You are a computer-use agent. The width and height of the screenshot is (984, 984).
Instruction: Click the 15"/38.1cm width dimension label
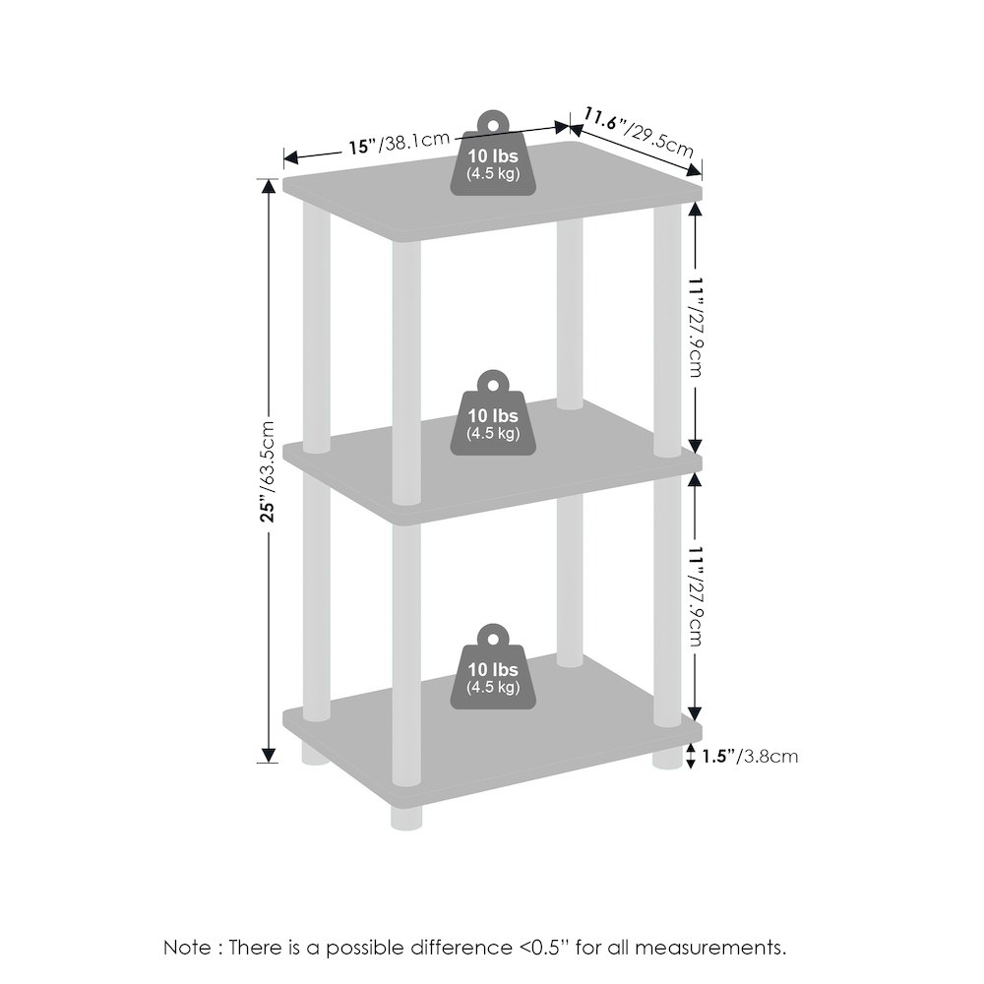400,143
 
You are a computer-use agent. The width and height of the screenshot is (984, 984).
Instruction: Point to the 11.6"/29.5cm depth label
639,133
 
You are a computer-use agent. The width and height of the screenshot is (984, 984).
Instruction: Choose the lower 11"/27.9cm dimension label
696,595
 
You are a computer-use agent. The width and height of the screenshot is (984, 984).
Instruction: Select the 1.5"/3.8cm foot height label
750,756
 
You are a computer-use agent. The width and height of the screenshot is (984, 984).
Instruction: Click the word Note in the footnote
187,947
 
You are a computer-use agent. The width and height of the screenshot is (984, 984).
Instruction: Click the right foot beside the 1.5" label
668,758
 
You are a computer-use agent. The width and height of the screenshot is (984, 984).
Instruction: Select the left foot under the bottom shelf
316,754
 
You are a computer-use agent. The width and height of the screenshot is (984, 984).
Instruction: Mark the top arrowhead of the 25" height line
269,187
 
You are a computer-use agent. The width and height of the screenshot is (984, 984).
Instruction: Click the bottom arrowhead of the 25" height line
269,755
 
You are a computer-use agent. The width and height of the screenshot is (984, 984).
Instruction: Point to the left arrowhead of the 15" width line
292,156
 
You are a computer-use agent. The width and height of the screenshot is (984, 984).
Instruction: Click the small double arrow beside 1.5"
691,756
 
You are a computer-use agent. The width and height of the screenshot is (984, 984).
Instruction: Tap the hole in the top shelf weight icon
493,126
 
